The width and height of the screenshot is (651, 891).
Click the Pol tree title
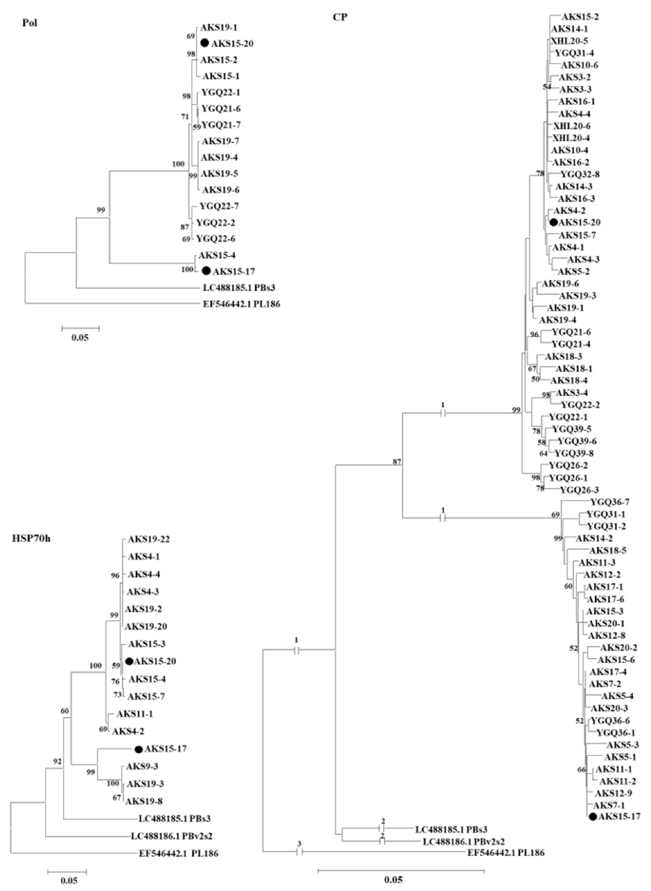pyautogui.click(x=30, y=23)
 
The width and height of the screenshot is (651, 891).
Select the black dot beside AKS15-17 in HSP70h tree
pyautogui.click(x=138, y=749)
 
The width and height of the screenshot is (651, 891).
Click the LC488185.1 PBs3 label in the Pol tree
pyautogui.click(x=242, y=288)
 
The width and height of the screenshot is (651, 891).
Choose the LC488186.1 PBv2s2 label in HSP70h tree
pyautogui.click(x=171, y=836)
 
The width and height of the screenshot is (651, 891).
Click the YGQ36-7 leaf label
pyautogui.click(x=610, y=502)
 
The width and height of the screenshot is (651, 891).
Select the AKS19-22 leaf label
pyautogui.click(x=148, y=539)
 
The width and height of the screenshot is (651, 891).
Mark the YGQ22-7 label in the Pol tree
pyautogui.click(x=219, y=206)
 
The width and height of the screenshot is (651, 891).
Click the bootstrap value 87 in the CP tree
pyautogui.click(x=396, y=461)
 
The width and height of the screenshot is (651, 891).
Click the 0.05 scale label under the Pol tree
pyautogui.click(x=80, y=338)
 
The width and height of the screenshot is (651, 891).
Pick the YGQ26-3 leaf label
pyautogui.click(x=579, y=490)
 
